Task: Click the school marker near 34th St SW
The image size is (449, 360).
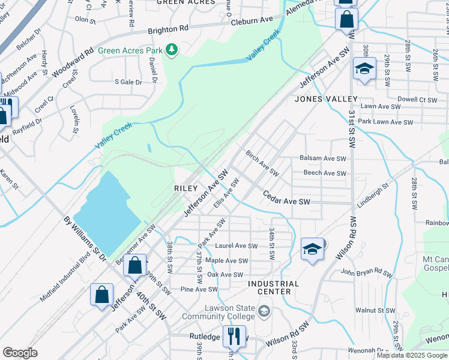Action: coord(312,249)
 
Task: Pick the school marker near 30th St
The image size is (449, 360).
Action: coord(364,68)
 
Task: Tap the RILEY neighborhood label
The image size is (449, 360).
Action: coord(185,188)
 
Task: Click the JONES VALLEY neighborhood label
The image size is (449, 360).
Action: coord(326,99)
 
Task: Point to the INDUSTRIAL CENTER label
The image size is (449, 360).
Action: coord(274,287)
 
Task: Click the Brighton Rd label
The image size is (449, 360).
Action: coord(167,29)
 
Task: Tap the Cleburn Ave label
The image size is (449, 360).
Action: coord(252,21)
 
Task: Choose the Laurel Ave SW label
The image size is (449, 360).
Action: coord(236,246)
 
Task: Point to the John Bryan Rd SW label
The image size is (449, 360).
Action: coord(367,273)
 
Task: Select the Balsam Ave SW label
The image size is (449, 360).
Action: coord(323,159)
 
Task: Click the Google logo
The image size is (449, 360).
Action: coord(20,353)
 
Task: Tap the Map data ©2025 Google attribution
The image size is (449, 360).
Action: coord(412,355)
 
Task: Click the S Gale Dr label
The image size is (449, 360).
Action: coord(128,82)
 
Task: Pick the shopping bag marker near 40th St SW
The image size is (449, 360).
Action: coord(135,265)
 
